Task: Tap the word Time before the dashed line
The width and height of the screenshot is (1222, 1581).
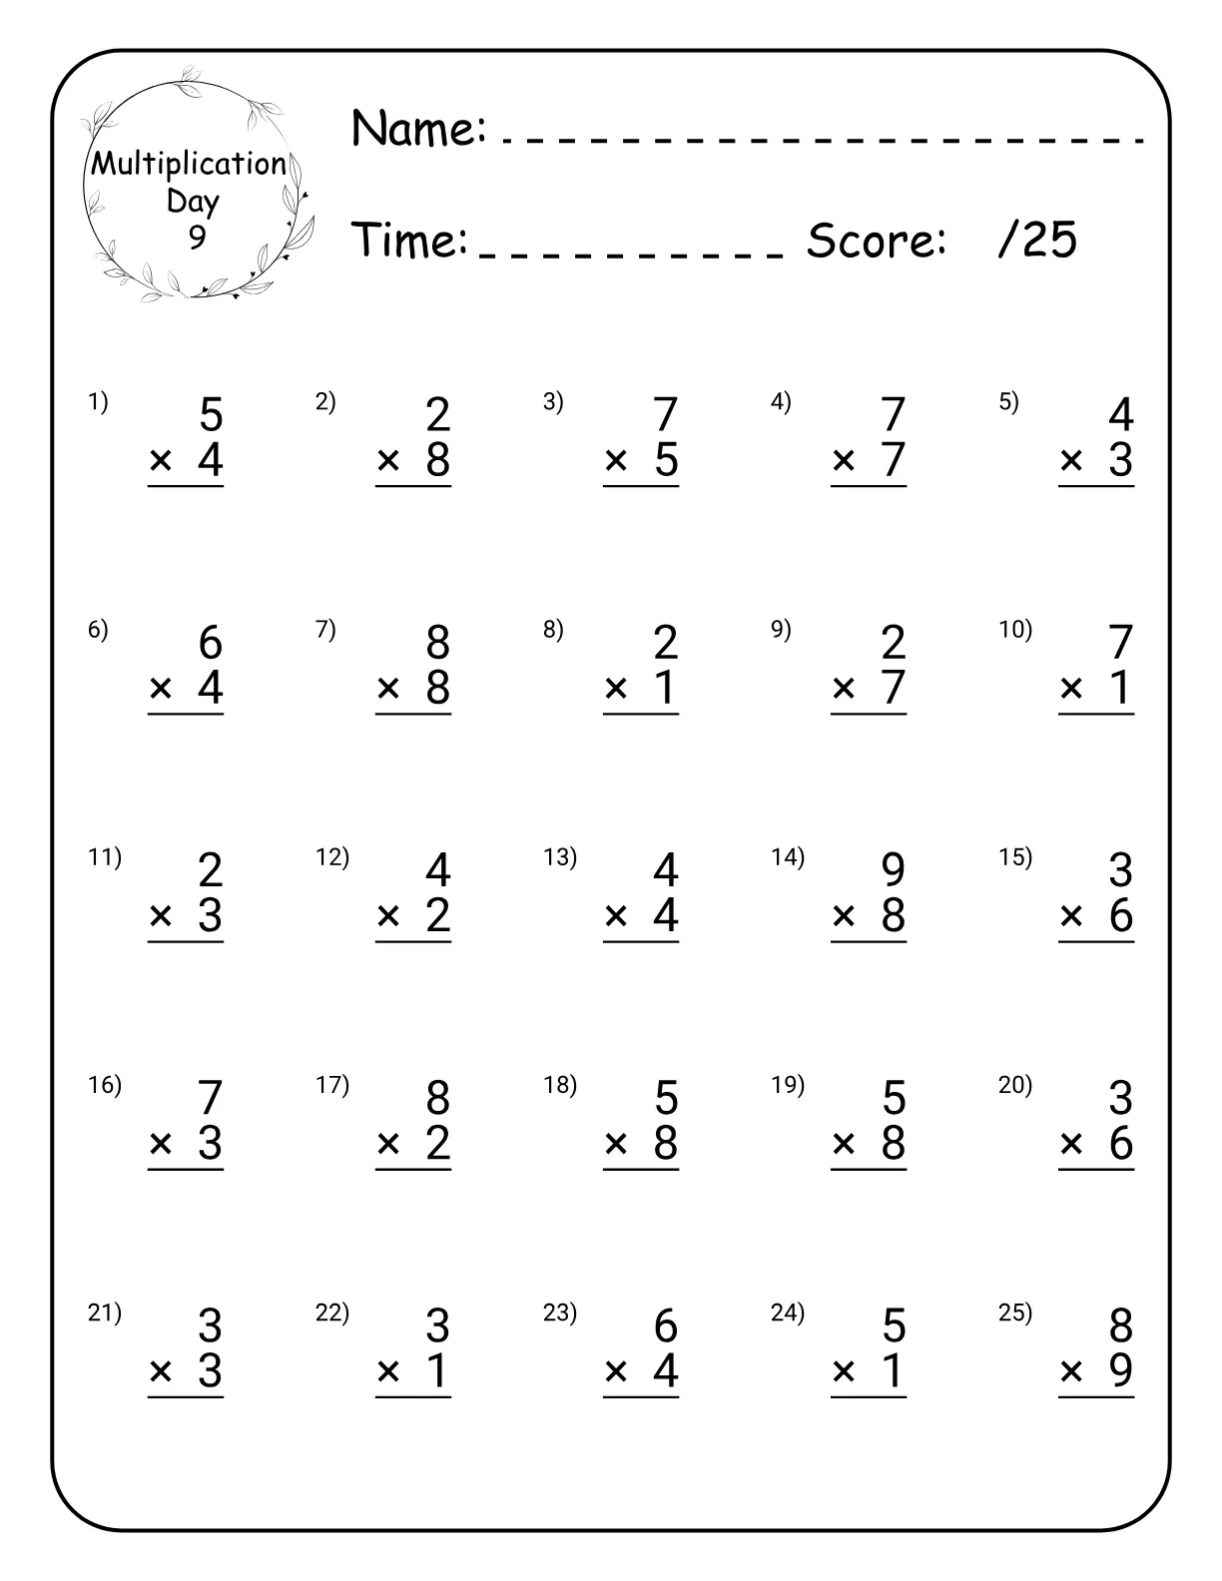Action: click(x=410, y=240)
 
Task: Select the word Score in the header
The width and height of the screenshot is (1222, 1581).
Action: click(x=876, y=240)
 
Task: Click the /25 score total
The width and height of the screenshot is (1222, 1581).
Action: click(x=1037, y=240)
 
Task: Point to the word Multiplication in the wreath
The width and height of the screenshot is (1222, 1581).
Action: click(x=189, y=164)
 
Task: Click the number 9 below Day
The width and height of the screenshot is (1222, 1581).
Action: click(x=197, y=238)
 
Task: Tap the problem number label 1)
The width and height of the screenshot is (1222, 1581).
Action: click(x=98, y=402)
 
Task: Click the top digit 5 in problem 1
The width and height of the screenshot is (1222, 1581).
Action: click(x=211, y=414)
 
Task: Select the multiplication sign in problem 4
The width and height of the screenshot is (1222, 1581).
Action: click(x=844, y=460)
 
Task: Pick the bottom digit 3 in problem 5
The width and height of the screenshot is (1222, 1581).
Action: click(x=1121, y=460)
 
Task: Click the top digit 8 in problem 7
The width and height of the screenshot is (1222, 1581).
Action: click(x=438, y=642)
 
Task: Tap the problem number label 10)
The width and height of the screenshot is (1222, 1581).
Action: click(x=1015, y=630)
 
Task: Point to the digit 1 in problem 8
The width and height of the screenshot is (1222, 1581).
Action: click(x=666, y=688)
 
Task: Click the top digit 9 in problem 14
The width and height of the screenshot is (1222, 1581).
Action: click(x=894, y=869)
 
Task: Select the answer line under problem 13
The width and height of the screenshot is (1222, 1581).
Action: click(x=641, y=941)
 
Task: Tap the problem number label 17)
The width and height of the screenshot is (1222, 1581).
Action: click(x=332, y=1085)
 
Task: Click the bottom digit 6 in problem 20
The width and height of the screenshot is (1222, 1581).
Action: click(x=1121, y=1143)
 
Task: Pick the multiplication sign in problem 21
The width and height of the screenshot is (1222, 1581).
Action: click(x=161, y=1370)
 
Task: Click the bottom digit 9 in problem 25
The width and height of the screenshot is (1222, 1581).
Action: click(x=1121, y=1370)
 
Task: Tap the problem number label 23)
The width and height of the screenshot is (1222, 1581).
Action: click(x=560, y=1313)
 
